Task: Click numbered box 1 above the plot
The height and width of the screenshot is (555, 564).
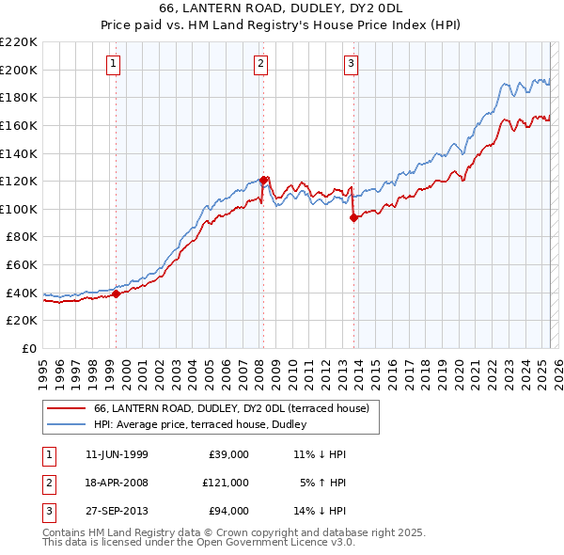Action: tap(113, 64)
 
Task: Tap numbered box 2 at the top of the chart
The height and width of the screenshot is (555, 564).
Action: tap(260, 64)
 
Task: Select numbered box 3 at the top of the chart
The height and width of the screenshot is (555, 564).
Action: tap(351, 64)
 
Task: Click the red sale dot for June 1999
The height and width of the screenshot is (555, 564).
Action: tap(117, 293)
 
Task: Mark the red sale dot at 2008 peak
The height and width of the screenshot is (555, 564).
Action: tap(264, 180)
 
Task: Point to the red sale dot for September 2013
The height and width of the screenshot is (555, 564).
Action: tap(354, 217)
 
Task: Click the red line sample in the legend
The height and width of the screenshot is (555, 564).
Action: tap(67, 408)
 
